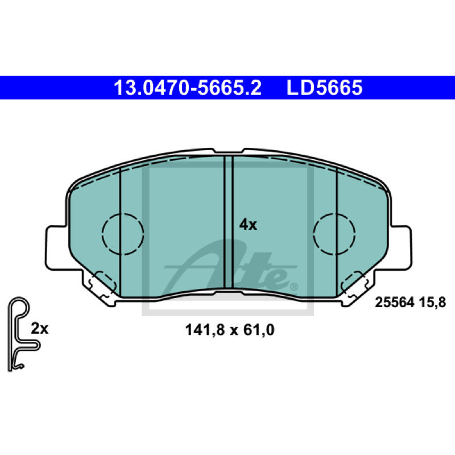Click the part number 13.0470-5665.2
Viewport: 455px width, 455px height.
pos(188,88)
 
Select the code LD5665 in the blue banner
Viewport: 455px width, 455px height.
pos(324,88)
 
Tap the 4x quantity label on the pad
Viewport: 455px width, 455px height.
pos(248,225)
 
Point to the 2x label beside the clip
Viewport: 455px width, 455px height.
pos(39,329)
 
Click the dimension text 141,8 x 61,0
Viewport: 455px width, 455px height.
pos(230,330)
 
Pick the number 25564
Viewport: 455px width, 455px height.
pos(394,303)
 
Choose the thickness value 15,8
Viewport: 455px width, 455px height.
pos(432,303)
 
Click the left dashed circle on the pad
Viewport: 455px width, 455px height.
pos(123,234)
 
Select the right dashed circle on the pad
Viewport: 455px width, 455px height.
pos(334,234)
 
